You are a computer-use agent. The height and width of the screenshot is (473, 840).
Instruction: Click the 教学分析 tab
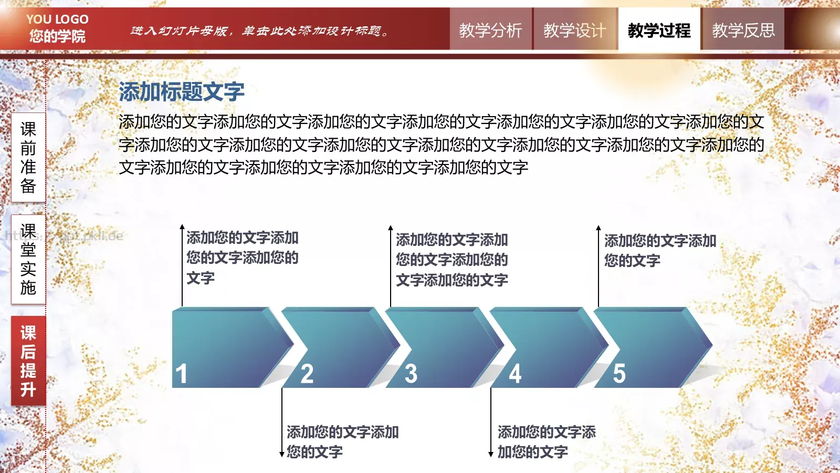click(490, 30)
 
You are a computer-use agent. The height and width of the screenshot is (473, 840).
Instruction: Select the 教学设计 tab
click(574, 30)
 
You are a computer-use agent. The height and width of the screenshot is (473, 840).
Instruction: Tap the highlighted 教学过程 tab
click(659, 30)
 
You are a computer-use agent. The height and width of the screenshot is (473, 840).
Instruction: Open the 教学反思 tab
click(743, 30)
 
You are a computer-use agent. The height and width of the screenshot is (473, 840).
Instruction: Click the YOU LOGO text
click(57, 19)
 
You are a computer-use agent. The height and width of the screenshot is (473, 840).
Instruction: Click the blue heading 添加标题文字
click(182, 92)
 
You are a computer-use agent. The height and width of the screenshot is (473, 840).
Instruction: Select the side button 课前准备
click(28, 157)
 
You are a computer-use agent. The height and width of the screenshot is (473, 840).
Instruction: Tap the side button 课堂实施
click(28, 259)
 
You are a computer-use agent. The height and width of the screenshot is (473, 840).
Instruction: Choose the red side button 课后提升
click(28, 361)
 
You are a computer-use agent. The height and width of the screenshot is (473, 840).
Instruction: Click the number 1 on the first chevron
click(182, 374)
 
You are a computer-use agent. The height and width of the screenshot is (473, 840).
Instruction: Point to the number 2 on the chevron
click(307, 374)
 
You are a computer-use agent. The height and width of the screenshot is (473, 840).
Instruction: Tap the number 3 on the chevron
click(411, 374)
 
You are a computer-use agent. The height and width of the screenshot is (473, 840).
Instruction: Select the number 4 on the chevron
click(516, 374)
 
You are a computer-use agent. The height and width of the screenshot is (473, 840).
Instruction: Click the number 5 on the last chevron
click(619, 374)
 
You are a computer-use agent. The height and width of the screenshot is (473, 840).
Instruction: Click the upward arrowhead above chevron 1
click(182, 228)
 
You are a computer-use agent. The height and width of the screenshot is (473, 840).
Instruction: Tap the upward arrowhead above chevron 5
click(598, 228)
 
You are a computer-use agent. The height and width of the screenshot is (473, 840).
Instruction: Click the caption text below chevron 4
click(546, 441)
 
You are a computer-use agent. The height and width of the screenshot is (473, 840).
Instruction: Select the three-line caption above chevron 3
click(451, 260)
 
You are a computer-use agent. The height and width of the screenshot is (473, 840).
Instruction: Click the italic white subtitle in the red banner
click(260, 31)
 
